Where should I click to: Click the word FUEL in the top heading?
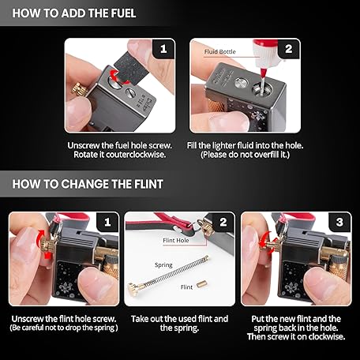click(123, 13)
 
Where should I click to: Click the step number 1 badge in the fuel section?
click(163, 49)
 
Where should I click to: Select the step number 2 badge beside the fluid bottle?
click(289, 49)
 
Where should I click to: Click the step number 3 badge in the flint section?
click(339, 222)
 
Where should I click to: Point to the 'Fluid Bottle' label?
click(220, 51)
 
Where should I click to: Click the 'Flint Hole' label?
click(176, 240)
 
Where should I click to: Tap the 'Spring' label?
click(163, 265)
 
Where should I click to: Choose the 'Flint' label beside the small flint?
click(186, 287)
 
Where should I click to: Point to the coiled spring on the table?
click(176, 271)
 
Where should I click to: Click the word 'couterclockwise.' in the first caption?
click(136, 155)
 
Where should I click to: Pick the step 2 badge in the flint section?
click(223, 222)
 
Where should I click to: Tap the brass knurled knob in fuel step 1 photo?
click(79, 89)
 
